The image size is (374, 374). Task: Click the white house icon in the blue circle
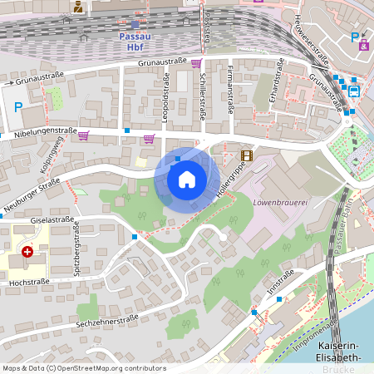(187, 179)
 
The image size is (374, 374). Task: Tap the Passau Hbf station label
(135, 42)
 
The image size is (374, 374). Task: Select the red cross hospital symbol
(27, 251)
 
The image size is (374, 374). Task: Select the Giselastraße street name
(49, 222)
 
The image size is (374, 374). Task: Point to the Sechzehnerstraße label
(106, 320)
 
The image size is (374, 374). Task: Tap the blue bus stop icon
(354, 89)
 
